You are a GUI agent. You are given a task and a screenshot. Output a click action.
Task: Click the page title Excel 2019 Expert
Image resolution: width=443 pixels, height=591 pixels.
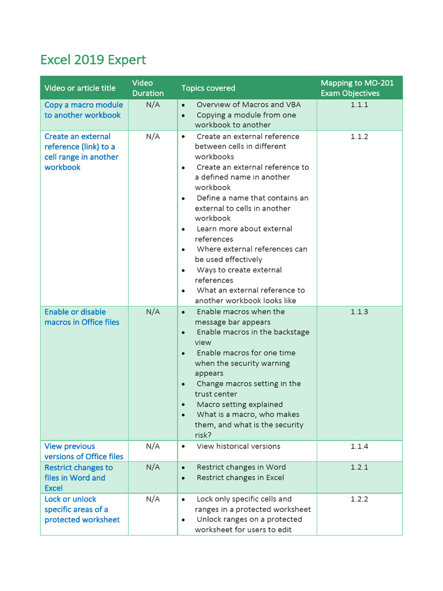pyautogui.click(x=93, y=60)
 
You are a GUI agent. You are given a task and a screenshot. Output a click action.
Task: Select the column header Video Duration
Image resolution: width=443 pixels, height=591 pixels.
pyautogui.click(x=148, y=88)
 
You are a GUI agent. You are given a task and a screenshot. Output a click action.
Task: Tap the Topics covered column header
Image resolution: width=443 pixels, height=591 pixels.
pyautogui.click(x=208, y=88)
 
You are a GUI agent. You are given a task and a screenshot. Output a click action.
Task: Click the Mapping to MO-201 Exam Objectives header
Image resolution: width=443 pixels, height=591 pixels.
pyautogui.click(x=357, y=88)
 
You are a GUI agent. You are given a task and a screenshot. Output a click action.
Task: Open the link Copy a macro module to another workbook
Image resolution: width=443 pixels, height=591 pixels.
pyautogui.click(x=83, y=110)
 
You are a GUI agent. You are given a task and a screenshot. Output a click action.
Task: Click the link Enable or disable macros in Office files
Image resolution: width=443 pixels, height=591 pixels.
pyautogui.click(x=82, y=317)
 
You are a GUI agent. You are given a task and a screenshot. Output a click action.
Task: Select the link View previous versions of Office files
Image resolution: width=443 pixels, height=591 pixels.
pyautogui.click(x=84, y=451)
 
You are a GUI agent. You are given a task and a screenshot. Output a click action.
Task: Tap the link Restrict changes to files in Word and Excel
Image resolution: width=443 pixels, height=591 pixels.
pyautogui.click(x=78, y=477)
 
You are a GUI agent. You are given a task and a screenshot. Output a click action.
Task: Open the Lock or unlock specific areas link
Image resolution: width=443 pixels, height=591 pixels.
pyautogui.click(x=82, y=509)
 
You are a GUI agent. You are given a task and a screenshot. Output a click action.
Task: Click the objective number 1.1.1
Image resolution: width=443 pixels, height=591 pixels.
pyautogui.click(x=359, y=104)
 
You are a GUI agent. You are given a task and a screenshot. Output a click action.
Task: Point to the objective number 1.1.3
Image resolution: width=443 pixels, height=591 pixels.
pyautogui.click(x=359, y=312)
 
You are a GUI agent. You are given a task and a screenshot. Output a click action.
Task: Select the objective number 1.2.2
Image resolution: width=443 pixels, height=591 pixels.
pyautogui.click(x=359, y=499)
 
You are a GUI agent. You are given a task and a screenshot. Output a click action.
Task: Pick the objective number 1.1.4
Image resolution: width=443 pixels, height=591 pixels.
pyautogui.click(x=359, y=446)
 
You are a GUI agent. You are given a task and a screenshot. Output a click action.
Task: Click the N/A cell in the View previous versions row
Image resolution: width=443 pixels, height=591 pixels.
pyautogui.click(x=153, y=446)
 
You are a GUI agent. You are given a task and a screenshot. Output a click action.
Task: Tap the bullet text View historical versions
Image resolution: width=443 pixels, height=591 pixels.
pyautogui.click(x=238, y=446)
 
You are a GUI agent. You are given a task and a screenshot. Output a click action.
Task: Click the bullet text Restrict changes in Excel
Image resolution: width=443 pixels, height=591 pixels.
pyautogui.click(x=240, y=477)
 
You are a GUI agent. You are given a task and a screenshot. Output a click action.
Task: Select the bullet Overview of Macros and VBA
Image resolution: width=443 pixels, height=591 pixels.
pyautogui.click(x=248, y=104)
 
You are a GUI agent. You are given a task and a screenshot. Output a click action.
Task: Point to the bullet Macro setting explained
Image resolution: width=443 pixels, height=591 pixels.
pyautogui.click(x=239, y=405)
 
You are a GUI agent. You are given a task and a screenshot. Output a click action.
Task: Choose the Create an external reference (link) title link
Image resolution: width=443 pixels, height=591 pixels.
pyautogui.click(x=81, y=152)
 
